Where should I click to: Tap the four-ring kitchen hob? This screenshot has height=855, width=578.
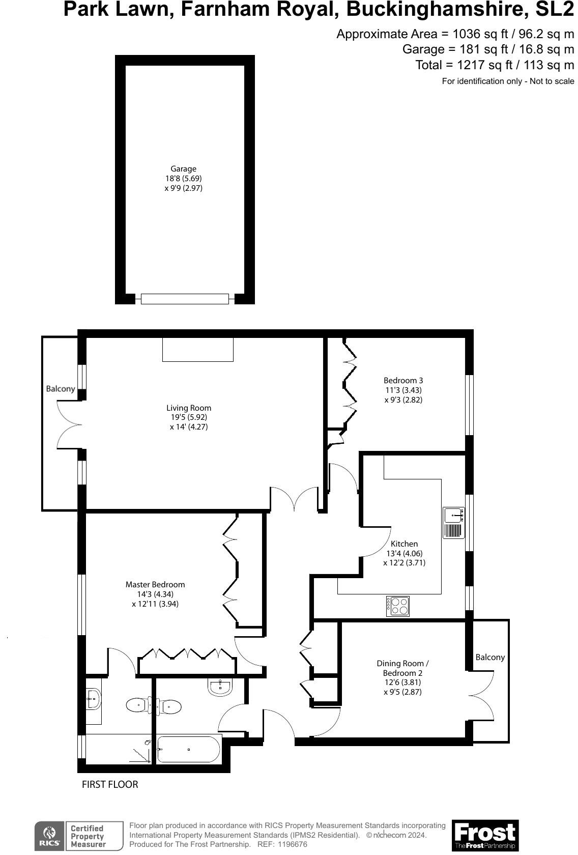click(x=397, y=606)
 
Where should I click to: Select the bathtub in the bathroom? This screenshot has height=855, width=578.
click(x=188, y=749)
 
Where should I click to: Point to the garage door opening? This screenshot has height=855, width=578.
click(x=185, y=299)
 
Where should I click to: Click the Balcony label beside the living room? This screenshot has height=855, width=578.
click(x=61, y=389)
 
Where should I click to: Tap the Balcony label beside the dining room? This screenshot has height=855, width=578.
click(x=490, y=657)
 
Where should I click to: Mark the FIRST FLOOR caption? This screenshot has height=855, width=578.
click(x=110, y=784)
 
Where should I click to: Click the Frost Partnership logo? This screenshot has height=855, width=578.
click(x=485, y=835)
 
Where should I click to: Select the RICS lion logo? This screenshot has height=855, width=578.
click(x=49, y=835)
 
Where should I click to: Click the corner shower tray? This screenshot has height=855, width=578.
click(x=140, y=751)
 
